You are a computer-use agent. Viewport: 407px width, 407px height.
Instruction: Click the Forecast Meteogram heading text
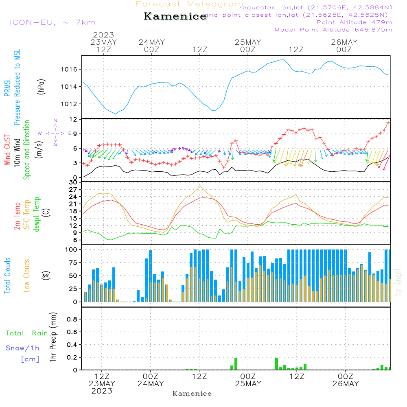click(190, 4)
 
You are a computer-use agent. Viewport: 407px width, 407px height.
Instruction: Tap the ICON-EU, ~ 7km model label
click(52, 22)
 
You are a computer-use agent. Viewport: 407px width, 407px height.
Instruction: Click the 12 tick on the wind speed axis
click(74, 119)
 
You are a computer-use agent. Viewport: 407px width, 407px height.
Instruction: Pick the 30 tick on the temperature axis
click(74, 182)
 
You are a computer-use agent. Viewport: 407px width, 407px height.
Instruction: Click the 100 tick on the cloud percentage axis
click(71, 249)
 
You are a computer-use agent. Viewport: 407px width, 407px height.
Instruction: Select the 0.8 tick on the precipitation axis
click(72, 319)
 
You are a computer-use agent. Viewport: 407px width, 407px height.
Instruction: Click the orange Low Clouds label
click(27, 275)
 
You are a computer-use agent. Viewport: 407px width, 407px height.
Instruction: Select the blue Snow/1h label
click(22, 348)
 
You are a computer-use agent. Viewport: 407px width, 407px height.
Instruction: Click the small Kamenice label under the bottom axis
click(192, 394)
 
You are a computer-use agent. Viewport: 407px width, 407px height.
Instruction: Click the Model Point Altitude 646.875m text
click(333, 30)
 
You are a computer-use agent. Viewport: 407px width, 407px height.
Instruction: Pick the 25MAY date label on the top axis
click(248, 42)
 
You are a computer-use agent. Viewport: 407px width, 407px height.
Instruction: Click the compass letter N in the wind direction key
click(55, 120)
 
